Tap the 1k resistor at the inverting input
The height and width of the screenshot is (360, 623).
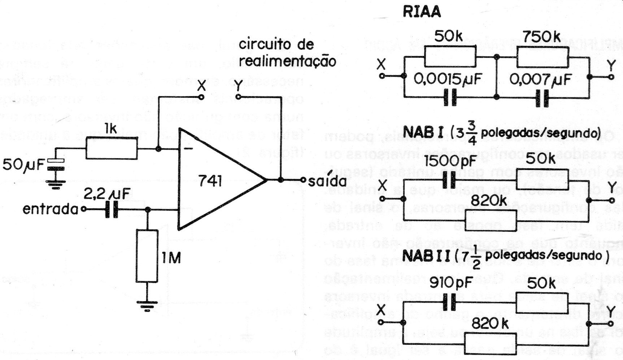[112, 149]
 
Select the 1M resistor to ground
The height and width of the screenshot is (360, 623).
[147, 256]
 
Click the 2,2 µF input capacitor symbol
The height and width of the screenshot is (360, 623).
[112, 209]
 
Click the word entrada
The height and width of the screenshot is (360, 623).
[50, 209]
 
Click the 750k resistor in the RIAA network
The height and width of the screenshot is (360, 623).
[542, 57]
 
